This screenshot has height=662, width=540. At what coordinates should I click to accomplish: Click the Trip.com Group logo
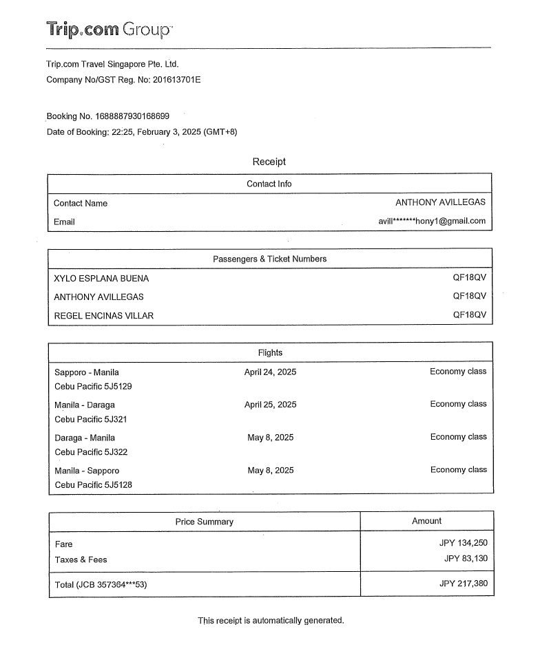110,30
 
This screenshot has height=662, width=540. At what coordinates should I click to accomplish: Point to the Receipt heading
269,162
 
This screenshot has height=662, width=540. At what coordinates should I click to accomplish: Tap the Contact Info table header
269,184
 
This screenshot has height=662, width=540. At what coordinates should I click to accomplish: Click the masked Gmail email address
432,221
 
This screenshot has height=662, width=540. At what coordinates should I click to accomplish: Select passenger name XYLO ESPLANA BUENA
101,279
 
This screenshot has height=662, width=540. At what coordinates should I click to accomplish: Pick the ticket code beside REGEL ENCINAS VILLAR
469,315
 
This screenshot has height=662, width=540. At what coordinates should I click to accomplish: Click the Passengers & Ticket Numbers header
269,259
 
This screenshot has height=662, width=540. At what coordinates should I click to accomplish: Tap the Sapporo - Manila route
87,372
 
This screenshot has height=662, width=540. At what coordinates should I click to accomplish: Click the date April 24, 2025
270,372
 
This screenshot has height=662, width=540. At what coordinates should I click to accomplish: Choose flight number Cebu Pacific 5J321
91,419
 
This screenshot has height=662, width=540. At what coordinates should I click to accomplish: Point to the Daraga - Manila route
85,438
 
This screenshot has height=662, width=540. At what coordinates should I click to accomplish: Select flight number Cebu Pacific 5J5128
94,484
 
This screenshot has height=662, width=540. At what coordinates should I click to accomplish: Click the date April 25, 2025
270,405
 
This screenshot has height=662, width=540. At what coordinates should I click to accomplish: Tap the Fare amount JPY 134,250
463,543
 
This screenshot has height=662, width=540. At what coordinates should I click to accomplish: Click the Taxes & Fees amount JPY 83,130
466,559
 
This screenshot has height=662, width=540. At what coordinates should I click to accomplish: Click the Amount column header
426,521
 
